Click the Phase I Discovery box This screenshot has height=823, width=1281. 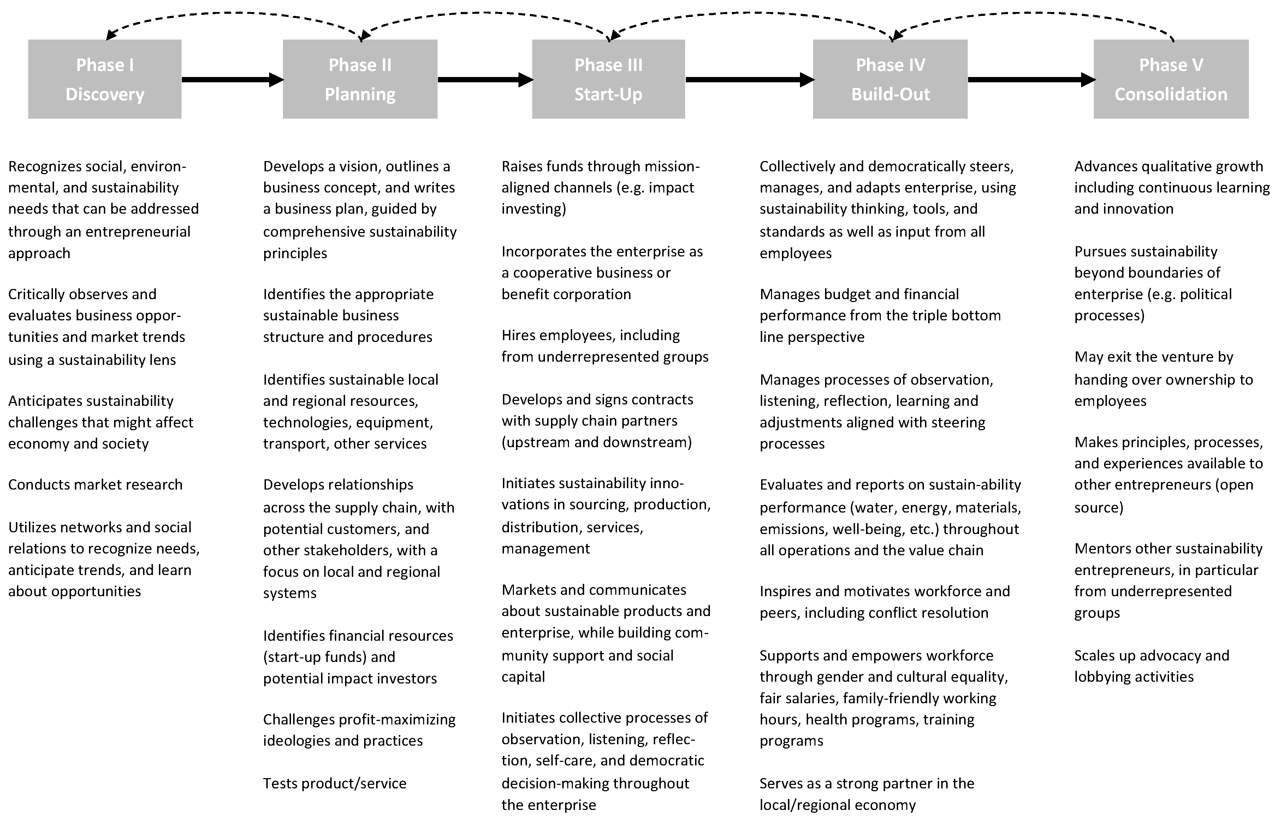[105, 79]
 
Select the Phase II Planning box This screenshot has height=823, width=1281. [360, 79]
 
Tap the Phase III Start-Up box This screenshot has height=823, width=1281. [609, 79]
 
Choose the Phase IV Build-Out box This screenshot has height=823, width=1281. [890, 79]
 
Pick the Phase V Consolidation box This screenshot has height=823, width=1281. [1171, 79]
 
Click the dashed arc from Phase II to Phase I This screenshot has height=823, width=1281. [233, 13]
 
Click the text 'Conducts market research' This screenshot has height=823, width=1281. [95, 485]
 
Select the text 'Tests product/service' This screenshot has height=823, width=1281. [334, 783]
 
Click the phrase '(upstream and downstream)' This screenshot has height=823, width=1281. [596, 443]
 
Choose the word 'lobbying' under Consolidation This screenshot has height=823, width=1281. [1101, 677]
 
